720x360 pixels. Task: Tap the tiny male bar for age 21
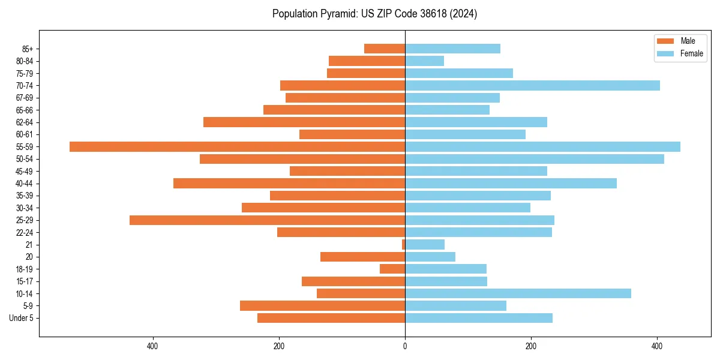(403, 245)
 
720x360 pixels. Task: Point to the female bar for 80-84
(424, 61)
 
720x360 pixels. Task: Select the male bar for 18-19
(392, 269)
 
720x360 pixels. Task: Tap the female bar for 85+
(452, 49)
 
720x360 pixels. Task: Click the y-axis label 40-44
(25, 184)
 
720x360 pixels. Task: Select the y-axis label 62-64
(25, 122)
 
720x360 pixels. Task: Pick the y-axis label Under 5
(22, 318)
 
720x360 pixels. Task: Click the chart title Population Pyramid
(374, 14)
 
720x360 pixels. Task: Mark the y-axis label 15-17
(25, 281)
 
